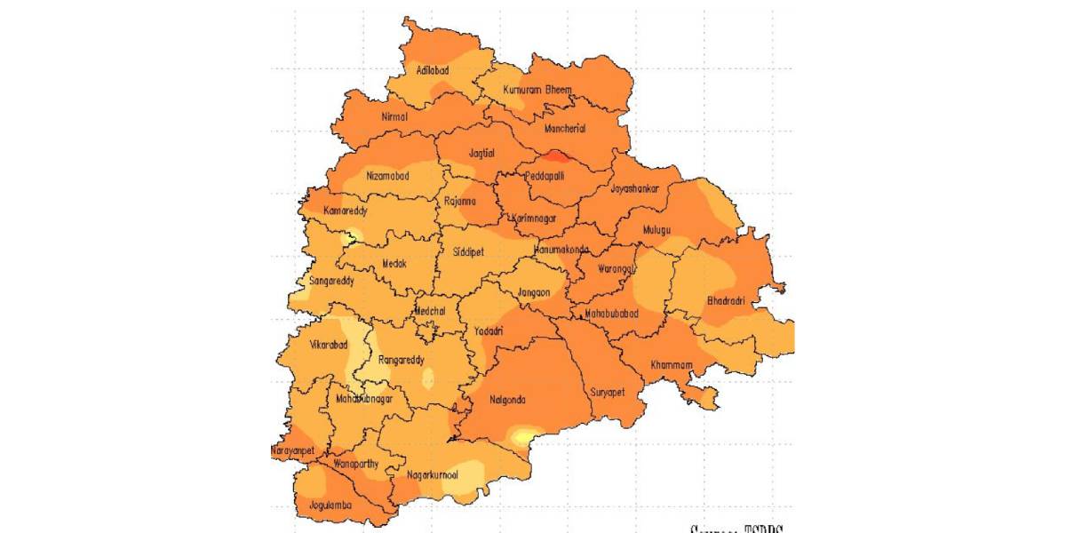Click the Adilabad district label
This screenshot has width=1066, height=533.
point(433,69)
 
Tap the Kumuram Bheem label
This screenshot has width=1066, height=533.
point(537,90)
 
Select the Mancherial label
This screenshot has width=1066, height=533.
point(565,128)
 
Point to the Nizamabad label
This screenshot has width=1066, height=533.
point(388,176)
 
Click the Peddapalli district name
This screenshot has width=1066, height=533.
point(545,176)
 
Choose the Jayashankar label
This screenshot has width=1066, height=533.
point(634,188)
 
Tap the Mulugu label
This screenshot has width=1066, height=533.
point(656,229)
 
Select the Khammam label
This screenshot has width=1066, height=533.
point(670,364)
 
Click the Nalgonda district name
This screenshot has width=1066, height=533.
point(507,400)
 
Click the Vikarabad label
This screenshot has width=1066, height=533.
point(329,345)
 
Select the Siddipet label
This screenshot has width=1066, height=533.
point(468,251)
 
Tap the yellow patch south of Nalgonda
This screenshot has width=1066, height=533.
point(524,435)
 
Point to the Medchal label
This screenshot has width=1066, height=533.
point(432,310)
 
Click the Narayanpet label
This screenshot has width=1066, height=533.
point(292,451)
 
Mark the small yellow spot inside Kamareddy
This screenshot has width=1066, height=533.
point(351,236)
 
